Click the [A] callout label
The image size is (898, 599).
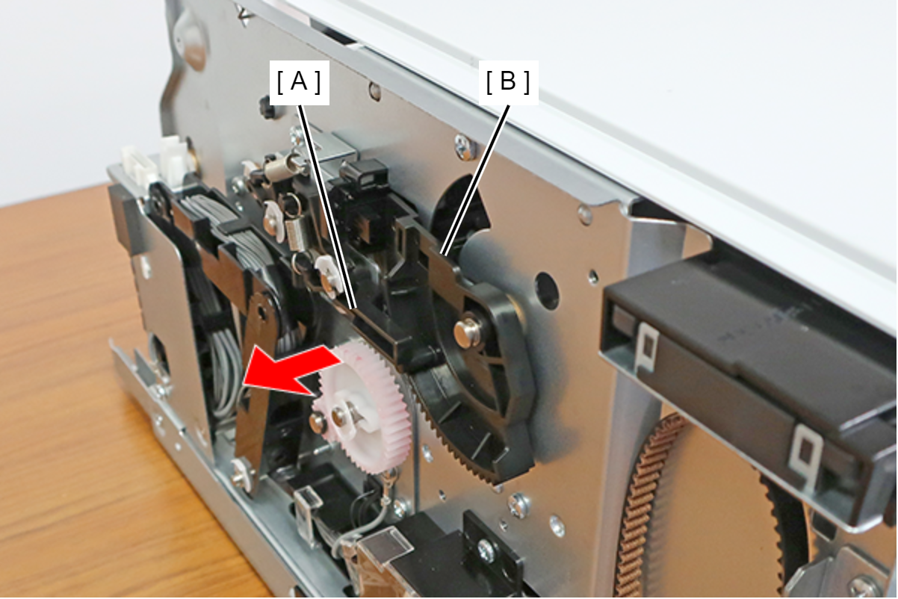point(299,83)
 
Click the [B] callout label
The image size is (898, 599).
point(508,83)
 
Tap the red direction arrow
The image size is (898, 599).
point(291,371)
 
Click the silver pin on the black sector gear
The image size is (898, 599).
point(466,331)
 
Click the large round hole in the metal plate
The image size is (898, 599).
point(549,287)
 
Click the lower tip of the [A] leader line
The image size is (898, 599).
point(353,309)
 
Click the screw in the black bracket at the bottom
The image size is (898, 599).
point(486,547)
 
